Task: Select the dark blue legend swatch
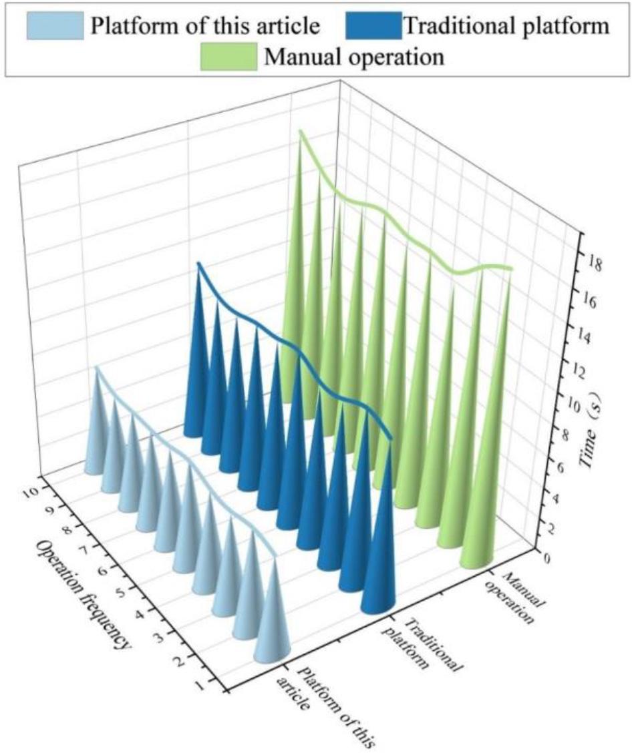373,26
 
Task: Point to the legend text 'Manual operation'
354,56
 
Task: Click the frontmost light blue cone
273,621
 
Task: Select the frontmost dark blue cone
379,567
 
